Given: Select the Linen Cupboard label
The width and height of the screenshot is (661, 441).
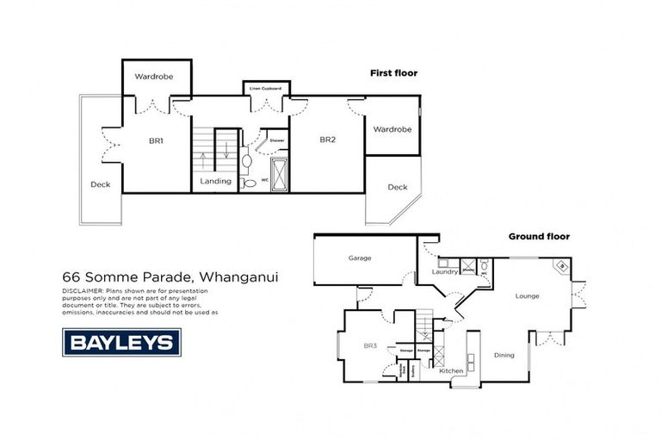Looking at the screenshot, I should tap(266, 88).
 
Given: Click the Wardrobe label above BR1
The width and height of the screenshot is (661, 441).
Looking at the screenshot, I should tap(155, 77).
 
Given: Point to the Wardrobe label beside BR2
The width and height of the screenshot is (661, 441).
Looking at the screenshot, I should tap(392, 129).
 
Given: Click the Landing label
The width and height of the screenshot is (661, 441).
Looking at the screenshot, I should tap(215, 181).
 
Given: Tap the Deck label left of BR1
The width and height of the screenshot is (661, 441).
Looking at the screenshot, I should tap(101, 184).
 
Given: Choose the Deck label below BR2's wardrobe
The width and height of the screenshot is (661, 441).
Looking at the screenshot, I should tap(397, 187).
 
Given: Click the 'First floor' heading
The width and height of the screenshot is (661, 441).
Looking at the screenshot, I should tap(393, 73).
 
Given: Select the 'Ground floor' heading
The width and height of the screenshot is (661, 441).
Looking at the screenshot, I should tap(539, 236).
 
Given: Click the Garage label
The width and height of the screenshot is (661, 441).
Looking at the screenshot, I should tap(360, 257).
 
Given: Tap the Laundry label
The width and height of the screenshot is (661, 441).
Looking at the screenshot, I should tap(444, 272).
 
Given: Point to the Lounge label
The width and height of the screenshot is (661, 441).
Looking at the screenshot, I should tap(527, 296).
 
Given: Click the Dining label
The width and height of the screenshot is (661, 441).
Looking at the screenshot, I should tap(504, 355).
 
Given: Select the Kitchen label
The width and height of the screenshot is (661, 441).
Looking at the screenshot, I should tap(451, 370).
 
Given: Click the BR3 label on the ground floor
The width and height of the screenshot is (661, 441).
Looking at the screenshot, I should tap(370, 345).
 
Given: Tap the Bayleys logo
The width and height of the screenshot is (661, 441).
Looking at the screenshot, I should tap(120, 342).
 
